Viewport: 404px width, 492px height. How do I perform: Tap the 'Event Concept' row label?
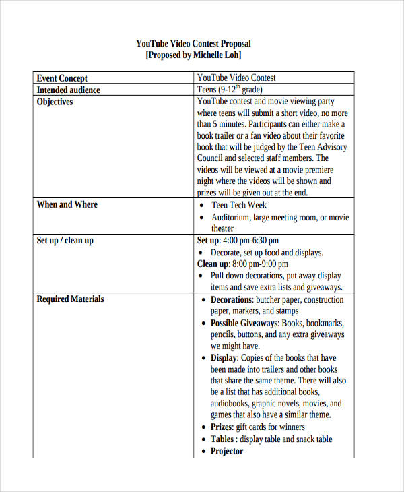[62, 78]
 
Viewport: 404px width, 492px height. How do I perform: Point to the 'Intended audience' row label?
[68, 90]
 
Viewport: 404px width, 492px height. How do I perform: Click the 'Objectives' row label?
[55, 102]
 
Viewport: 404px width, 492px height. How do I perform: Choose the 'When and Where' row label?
[67, 204]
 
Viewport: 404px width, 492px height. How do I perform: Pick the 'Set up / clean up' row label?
[65, 240]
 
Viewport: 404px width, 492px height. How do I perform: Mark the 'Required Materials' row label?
[70, 299]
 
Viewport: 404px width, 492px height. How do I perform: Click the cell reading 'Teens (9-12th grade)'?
[230, 90]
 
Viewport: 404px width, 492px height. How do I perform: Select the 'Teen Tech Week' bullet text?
[239, 205]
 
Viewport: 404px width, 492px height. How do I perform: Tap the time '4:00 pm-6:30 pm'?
[250, 241]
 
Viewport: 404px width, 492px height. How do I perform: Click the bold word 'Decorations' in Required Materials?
[232, 299]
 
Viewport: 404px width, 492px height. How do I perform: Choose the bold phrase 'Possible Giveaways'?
[244, 323]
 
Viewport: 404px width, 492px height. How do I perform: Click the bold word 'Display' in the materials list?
[224, 358]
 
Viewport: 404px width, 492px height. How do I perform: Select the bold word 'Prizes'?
[222, 427]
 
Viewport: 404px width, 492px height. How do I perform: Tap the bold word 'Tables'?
[222, 439]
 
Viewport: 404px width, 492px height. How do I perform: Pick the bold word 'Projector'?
[227, 451]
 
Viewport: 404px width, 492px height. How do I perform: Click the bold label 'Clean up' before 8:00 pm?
[212, 264]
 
